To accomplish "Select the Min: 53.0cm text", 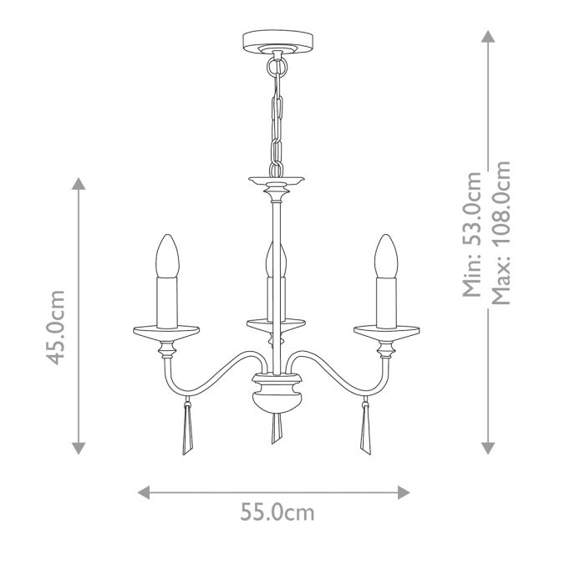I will coord(473,235).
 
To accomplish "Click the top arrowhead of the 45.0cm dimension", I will coord(78,184).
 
